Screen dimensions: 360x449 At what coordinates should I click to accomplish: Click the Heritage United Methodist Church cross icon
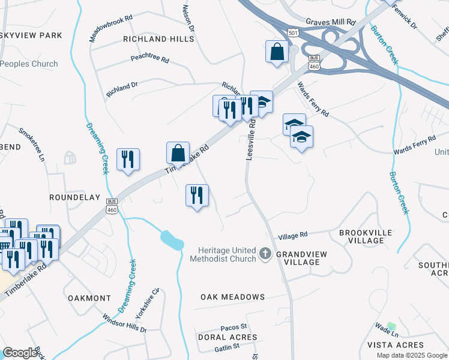tap(265, 254)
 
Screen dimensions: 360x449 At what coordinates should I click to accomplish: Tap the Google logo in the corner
tap(20, 353)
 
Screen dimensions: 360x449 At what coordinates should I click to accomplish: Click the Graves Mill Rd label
tap(330, 22)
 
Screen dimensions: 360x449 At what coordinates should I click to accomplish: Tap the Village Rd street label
tap(293, 235)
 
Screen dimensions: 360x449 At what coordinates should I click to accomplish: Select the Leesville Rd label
tap(252, 139)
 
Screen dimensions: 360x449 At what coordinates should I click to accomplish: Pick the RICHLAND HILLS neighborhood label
tap(158, 39)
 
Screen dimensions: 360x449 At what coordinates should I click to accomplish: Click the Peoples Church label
tap(29, 64)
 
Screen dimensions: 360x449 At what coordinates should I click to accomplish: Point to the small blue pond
tap(172, 239)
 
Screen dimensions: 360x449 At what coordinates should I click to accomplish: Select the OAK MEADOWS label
tap(232, 297)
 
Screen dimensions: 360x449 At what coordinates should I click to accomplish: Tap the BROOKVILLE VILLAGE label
tap(366, 236)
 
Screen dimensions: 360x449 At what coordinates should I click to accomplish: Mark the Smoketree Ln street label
tap(32, 144)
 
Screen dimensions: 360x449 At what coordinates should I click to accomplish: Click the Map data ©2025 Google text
tap(411, 355)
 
